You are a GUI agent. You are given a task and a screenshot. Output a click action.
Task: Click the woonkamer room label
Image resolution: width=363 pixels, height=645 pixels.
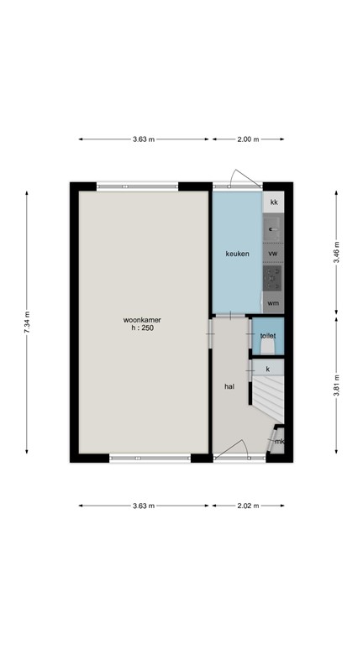coord(142,319)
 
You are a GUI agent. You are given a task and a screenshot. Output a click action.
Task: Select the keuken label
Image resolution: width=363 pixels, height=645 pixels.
coord(237,253)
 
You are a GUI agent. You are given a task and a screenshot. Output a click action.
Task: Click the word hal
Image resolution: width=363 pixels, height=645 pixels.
coord(229,387)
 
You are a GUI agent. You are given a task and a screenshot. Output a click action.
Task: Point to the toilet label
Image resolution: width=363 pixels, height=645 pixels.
coord(267,335)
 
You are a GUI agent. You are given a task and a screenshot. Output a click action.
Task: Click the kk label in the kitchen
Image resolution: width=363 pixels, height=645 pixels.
coord(273,202)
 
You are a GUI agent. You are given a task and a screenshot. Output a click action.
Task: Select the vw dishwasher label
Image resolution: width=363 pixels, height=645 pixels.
coord(273,253)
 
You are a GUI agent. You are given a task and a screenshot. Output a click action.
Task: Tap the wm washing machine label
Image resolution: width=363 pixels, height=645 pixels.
coord(273,302)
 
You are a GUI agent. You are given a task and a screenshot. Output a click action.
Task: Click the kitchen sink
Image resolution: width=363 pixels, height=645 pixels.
coord(273,227)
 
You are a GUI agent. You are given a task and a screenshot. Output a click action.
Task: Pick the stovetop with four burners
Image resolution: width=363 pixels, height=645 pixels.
coord(273,276)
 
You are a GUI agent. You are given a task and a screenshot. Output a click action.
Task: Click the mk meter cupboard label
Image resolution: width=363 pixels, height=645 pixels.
coord(279,442)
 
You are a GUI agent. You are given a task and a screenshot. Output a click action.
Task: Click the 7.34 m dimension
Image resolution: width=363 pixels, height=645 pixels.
coord(28,322)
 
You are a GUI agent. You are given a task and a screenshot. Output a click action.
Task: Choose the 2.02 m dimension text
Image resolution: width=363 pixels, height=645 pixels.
coord(249,506)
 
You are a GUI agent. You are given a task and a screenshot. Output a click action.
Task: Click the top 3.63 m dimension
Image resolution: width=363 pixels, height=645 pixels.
coord(144,140)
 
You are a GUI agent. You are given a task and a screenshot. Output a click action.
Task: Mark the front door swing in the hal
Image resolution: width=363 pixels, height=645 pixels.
coord(231,452)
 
